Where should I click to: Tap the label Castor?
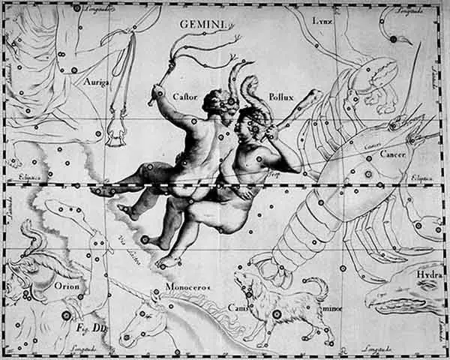tap(184, 95)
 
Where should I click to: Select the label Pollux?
tap(282, 97)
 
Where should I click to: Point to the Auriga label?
tap(96, 81)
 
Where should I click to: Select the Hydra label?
tap(430, 274)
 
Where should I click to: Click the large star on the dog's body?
tap(277, 314)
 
